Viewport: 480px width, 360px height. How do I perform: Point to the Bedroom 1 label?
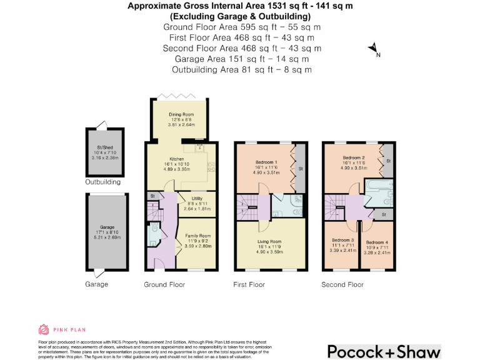coord(266,162)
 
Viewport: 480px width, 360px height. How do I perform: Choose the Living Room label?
coord(270,241)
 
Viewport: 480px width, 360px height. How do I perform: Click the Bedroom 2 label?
coord(353,158)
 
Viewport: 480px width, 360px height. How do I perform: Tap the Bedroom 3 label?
coord(343,241)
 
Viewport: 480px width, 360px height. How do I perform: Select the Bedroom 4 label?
coord(377,242)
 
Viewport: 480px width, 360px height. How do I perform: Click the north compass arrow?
coord(372,48)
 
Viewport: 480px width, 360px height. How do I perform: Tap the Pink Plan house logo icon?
coord(43,329)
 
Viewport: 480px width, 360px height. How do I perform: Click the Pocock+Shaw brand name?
coord(384,351)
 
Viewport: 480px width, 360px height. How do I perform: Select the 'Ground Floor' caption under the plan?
coord(164,284)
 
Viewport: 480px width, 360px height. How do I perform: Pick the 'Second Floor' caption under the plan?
coord(342,284)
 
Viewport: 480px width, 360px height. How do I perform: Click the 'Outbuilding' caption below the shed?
coord(103,182)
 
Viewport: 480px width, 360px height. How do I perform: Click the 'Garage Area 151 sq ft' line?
coord(241,59)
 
